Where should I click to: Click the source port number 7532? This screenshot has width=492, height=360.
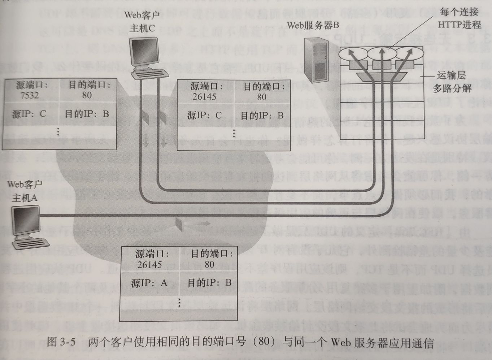pyautogui.click(x=30, y=95)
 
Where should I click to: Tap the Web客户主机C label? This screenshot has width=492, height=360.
pyautogui.click(x=142, y=22)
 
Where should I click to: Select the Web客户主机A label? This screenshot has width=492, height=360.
pyautogui.click(x=25, y=191)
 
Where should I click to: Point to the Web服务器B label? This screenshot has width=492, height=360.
pyautogui.click(x=313, y=25)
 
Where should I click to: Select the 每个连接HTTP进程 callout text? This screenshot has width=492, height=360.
pyautogui.click(x=459, y=18)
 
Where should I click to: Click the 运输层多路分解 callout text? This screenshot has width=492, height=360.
pyautogui.click(x=452, y=82)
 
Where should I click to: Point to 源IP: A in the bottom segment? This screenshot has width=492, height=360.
pyautogui.click(x=149, y=283)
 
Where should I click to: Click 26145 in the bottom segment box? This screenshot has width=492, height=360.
pyautogui.click(x=149, y=265)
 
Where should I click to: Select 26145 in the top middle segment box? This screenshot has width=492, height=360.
pyautogui.click(x=204, y=97)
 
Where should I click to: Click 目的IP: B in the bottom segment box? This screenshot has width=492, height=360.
pyautogui.click(x=209, y=283)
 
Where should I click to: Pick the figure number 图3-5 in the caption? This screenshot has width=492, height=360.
pyautogui.click(x=61, y=342)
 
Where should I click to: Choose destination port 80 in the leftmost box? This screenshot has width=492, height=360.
pyautogui.click(x=87, y=95)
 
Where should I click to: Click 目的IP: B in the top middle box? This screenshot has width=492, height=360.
pyautogui.click(x=262, y=116)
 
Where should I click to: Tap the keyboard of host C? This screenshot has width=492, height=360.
pyautogui.click(x=151, y=75)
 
